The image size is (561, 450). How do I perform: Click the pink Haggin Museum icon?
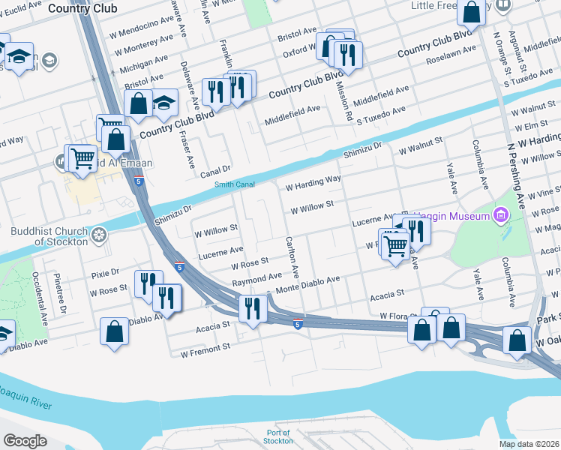coord(500,217)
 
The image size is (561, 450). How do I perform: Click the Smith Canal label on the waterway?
coord(235,184)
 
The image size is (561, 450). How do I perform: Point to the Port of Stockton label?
coord(279,436)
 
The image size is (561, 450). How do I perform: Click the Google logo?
coord(25,441)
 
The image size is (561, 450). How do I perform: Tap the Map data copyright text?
coord(529,444)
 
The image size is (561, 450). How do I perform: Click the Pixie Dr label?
coord(104,271)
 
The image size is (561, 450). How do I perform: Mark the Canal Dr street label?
coord(214,172)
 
